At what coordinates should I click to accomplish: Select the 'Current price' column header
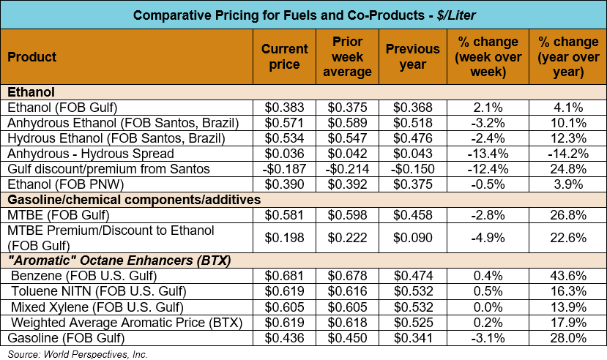click(x=285, y=56)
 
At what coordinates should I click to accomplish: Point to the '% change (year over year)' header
click(x=560, y=56)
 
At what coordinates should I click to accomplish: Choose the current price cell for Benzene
click(x=285, y=275)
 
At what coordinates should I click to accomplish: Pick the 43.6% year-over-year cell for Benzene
click(x=560, y=275)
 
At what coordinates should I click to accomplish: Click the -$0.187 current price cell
click(x=285, y=169)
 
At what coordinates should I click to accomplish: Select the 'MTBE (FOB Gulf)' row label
click(x=59, y=214)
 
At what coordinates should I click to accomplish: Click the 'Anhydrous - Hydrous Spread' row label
click(x=91, y=154)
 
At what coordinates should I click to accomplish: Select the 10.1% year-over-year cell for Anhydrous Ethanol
click(x=560, y=123)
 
